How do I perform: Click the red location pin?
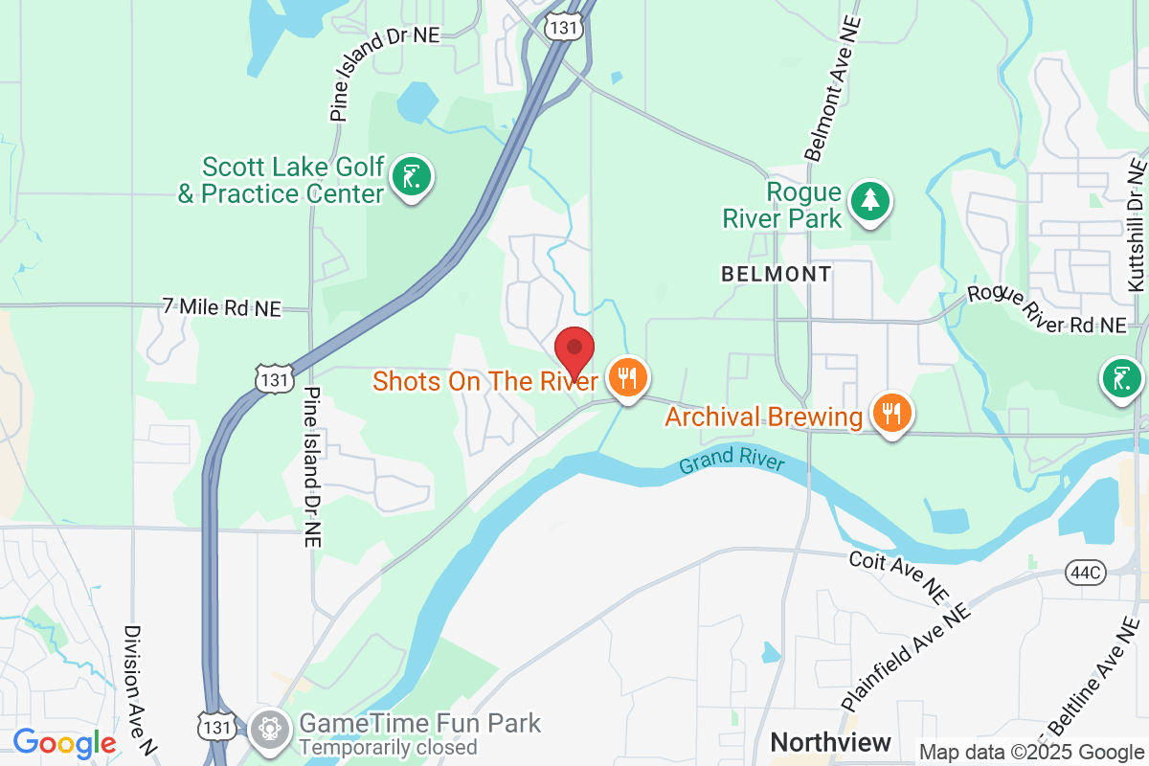coord(575,352)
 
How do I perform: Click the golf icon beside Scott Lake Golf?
coord(412,177)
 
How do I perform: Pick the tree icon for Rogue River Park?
coord(869,200)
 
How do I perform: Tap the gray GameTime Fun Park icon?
coord(269,730)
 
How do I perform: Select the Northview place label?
coord(830,742)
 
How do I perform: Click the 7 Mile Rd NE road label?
coord(222,307)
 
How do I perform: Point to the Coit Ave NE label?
coord(896,574)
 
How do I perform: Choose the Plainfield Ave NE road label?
coord(906,651)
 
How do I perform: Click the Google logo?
coord(64,743)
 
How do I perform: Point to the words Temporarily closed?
coord(388,747)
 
